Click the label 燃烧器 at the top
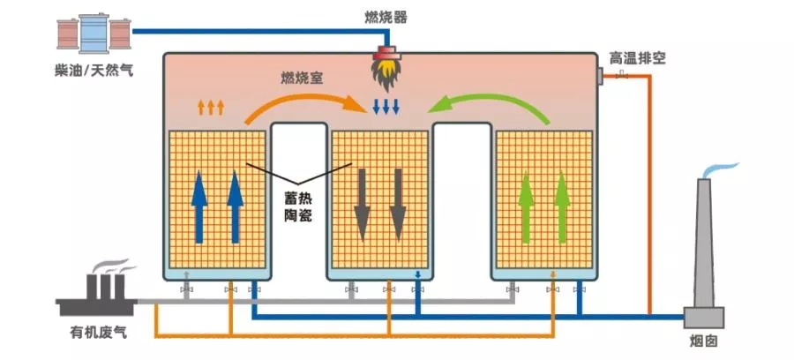pyautogui.click(x=386, y=17)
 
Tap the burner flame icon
pyautogui.click(x=386, y=70)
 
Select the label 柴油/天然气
pyautogui.click(x=94, y=70)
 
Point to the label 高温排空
pyautogui.click(x=637, y=59)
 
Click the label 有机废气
pyautogui.click(x=99, y=333)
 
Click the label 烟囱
pyautogui.click(x=705, y=341)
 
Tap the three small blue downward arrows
pyautogui.click(x=386, y=108)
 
